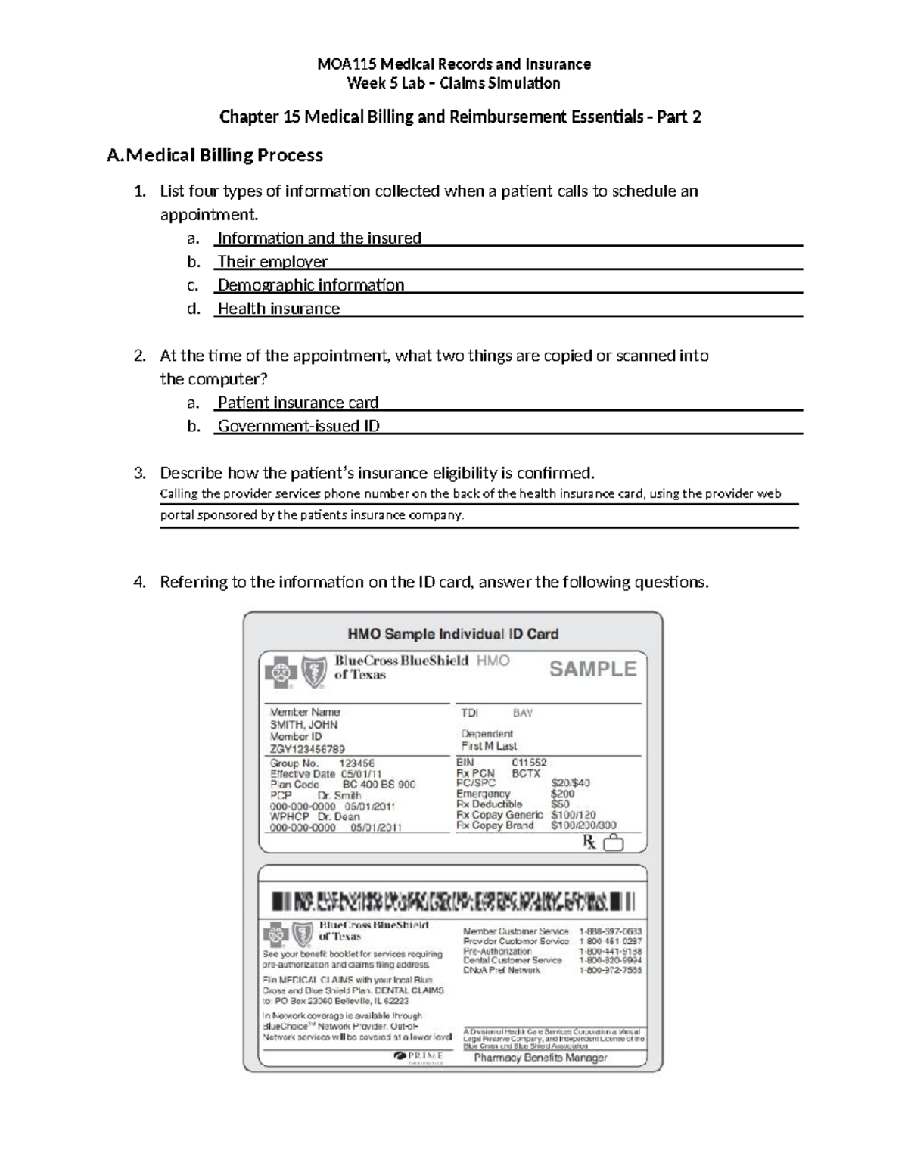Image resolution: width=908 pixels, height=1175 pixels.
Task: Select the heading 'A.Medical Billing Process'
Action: pos(215,155)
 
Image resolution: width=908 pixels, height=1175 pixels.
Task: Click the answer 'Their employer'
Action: pos(272,262)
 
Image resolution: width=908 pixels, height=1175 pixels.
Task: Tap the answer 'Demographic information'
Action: pos(311,285)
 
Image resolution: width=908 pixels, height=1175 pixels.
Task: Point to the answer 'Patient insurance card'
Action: pos(298,403)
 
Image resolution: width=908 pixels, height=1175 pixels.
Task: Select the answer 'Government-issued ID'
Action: pos(299,426)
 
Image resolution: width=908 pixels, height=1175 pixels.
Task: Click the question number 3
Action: pos(138,474)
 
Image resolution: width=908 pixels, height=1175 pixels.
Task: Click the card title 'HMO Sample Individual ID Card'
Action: pos(452,634)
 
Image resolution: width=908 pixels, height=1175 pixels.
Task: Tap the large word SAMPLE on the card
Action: pos(592,669)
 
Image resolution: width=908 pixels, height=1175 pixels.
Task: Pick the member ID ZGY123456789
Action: pos(307,749)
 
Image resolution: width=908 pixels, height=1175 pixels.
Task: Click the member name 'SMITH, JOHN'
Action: pos(304,724)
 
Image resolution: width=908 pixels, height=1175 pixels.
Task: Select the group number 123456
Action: pos(356,763)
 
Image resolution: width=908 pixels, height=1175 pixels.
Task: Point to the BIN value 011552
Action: pos(529,763)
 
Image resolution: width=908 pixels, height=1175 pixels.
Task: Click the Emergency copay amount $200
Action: pos(562,794)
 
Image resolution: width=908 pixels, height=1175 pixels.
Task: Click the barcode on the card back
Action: pos(452,901)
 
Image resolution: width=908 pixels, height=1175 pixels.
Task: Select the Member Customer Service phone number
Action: pos(610,931)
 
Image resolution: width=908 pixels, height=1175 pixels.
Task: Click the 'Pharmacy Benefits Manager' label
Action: pos(540,1058)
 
